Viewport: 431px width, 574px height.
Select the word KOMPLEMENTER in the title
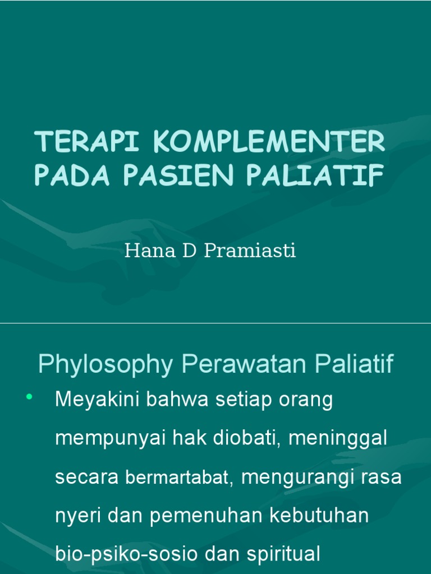pos(268,142)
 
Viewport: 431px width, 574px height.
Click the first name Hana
pos(143,251)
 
